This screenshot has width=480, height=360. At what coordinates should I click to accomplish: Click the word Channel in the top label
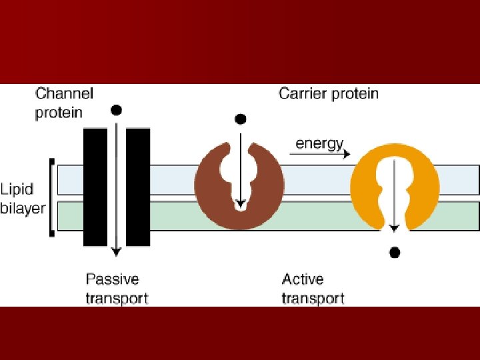pyautogui.click(x=64, y=93)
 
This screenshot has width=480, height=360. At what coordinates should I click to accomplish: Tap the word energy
pyautogui.click(x=319, y=143)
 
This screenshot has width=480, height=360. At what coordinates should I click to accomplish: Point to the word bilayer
pyautogui.click(x=23, y=207)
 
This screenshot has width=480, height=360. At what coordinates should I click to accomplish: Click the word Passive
pyautogui.click(x=112, y=279)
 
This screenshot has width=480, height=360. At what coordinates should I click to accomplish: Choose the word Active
pyautogui.click(x=303, y=279)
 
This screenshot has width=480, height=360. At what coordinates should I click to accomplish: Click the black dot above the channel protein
pyautogui.click(x=117, y=109)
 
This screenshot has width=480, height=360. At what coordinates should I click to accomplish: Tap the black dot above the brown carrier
pyautogui.click(x=241, y=119)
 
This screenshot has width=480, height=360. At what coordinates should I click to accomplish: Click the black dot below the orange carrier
pyautogui.click(x=395, y=252)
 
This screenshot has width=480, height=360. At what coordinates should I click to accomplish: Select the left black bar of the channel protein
pyautogui.click(x=95, y=187)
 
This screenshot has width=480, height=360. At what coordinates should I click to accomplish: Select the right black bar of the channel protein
pyautogui.click(x=138, y=187)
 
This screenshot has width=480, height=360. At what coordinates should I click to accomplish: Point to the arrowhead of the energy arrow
pyautogui.click(x=347, y=154)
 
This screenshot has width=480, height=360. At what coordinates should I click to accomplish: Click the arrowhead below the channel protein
pyautogui.click(x=117, y=251)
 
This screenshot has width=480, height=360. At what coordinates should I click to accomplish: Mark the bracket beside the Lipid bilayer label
pyautogui.click(x=51, y=197)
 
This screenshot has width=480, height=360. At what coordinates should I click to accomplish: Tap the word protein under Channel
pyautogui.click(x=59, y=112)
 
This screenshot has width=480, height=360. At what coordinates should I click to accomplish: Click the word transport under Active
pyautogui.click(x=313, y=297)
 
